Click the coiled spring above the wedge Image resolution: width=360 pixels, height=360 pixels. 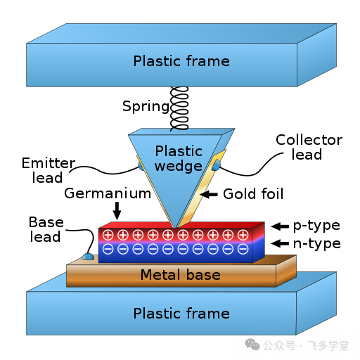tap(179, 108)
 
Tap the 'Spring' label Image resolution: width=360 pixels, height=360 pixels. tap(146, 107)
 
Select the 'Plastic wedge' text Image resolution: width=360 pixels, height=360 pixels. tap(179, 158)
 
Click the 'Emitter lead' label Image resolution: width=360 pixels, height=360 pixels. tap(49, 170)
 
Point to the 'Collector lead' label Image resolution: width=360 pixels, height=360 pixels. tap(309, 147)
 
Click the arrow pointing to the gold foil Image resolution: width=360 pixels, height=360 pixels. tap(209, 194)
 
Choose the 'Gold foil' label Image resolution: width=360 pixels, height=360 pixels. tap(253, 194)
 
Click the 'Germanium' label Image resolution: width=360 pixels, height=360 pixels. tap(108, 193)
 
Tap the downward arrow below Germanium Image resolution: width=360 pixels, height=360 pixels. tap(117, 211)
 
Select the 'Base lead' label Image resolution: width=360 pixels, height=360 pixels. tap(46, 229)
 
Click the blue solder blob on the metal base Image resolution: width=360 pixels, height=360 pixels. tap(88, 257)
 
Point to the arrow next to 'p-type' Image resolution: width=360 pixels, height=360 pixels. tap(280, 226)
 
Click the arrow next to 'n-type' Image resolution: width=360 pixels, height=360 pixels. tap(280, 243)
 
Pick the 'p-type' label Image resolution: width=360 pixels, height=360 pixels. tap(316, 226)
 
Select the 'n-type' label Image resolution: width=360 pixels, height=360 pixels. tap(317, 244)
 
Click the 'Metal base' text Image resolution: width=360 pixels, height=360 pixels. tap(181, 275)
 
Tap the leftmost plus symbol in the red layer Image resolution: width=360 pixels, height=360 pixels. tap(108, 235)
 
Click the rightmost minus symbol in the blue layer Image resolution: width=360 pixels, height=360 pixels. tap(243, 249)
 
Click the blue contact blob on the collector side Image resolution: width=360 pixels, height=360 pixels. tap(216, 165)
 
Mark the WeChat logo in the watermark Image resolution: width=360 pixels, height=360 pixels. tap(252, 345)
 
